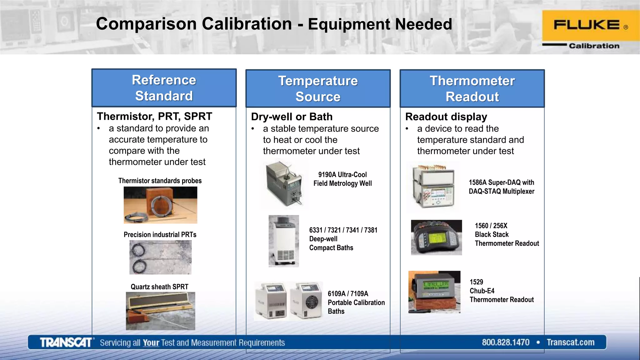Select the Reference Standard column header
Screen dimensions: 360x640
tap(164, 88)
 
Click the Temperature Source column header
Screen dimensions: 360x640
tap(318, 89)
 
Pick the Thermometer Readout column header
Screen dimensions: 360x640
tap(472, 89)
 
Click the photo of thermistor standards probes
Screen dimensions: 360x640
tap(160, 205)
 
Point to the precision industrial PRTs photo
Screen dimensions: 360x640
tap(160, 257)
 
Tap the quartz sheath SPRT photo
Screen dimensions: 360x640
tap(160, 311)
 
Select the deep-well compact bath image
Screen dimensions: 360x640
tap(283, 241)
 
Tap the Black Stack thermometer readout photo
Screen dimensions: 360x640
tap(436, 237)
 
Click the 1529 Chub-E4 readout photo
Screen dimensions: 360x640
tap(434, 292)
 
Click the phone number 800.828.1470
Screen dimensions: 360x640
tap(505, 342)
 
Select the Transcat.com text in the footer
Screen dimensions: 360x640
tap(570, 342)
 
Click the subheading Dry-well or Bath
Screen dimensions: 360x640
tap(292, 117)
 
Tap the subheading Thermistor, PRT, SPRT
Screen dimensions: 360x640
tap(154, 116)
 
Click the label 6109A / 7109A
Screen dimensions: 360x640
tap(348, 294)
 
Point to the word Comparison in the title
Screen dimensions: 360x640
tap(194, 24)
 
